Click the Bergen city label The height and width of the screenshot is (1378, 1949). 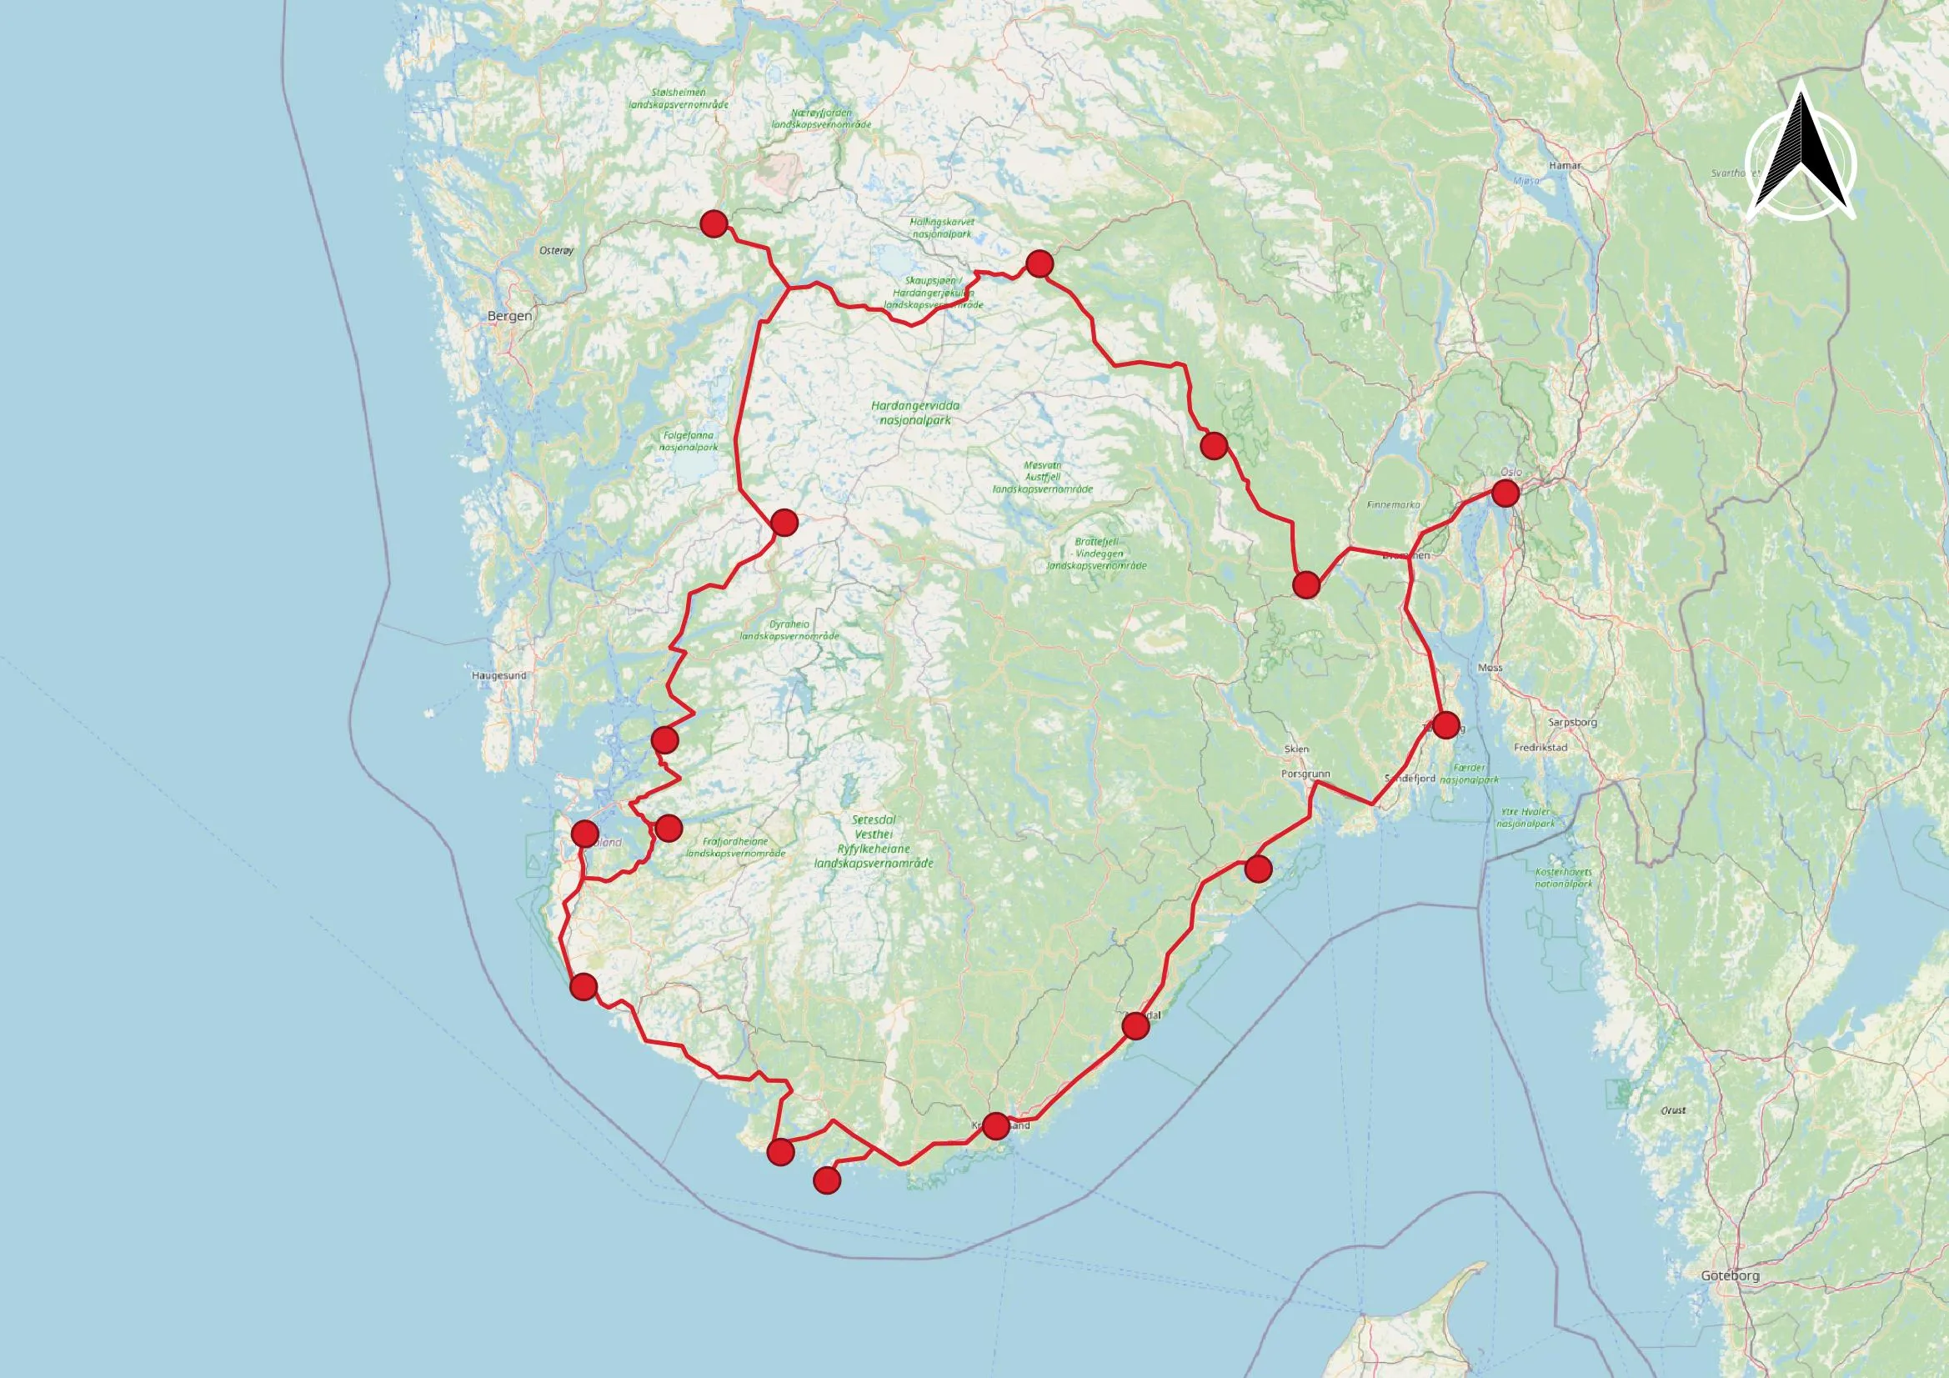[x=509, y=316]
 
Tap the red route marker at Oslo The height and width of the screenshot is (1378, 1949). [x=1505, y=493]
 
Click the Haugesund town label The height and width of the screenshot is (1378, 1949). [x=499, y=676]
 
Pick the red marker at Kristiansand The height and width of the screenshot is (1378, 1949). [x=995, y=1126]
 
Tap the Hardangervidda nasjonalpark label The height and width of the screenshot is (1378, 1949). [x=915, y=413]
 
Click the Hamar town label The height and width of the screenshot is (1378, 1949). [x=1565, y=166]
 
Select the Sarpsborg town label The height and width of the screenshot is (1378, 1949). [x=1572, y=723]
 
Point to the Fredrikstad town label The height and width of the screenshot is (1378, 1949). [x=1540, y=748]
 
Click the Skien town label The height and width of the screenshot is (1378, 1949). [x=1296, y=749]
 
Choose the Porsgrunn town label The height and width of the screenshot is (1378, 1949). [x=1305, y=774]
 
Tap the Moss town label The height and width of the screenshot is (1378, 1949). [x=1490, y=668]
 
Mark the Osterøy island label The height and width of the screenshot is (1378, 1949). [x=557, y=250]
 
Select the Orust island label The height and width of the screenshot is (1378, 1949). [x=1673, y=1110]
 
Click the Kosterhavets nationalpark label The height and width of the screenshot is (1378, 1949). [x=1564, y=877]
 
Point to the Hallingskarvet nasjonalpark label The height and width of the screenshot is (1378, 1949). [x=941, y=228]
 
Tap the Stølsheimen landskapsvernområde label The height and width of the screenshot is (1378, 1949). [x=679, y=98]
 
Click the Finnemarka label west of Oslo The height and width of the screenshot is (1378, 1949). [x=1393, y=504]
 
